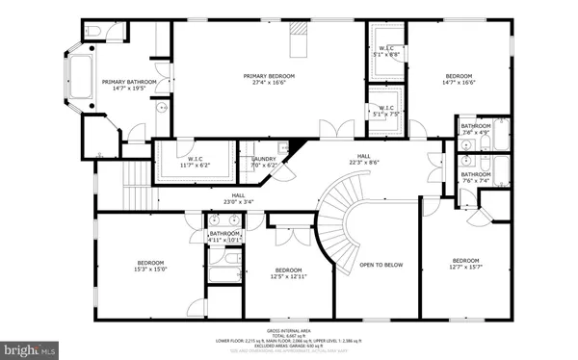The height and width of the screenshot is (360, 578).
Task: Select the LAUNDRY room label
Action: point(264,162)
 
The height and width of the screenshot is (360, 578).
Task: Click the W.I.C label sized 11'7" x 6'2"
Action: point(195,162)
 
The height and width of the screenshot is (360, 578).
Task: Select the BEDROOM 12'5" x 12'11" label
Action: point(289,273)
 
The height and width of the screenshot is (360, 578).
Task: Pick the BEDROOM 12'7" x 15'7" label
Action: point(466,264)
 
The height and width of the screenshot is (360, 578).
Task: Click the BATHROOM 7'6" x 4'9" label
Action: point(475,129)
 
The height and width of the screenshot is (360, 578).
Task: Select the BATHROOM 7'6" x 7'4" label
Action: point(475,177)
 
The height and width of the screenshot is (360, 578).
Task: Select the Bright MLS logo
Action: point(26,344)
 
